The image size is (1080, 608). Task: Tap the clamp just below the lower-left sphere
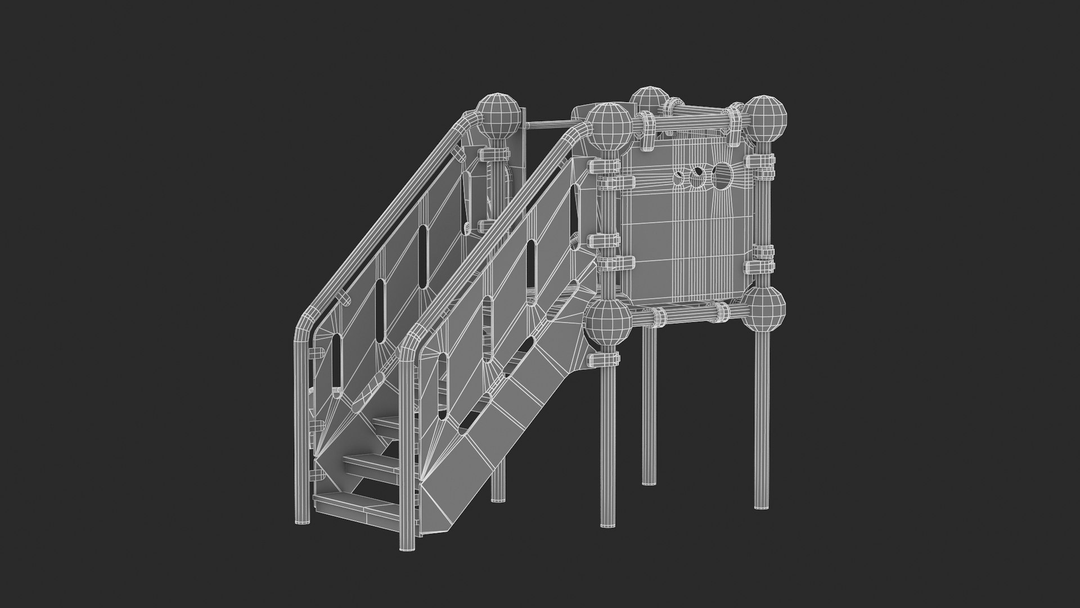tap(605, 358)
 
